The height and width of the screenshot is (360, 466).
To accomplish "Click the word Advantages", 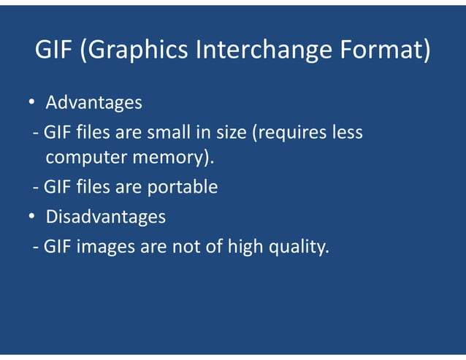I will coord(93,103).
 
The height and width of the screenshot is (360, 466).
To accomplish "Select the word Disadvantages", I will coord(105,218).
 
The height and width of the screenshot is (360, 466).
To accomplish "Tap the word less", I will coord(347,134).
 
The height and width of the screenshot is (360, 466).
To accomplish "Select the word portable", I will coord(183,188).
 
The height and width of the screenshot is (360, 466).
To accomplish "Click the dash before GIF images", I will coord(36,248).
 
